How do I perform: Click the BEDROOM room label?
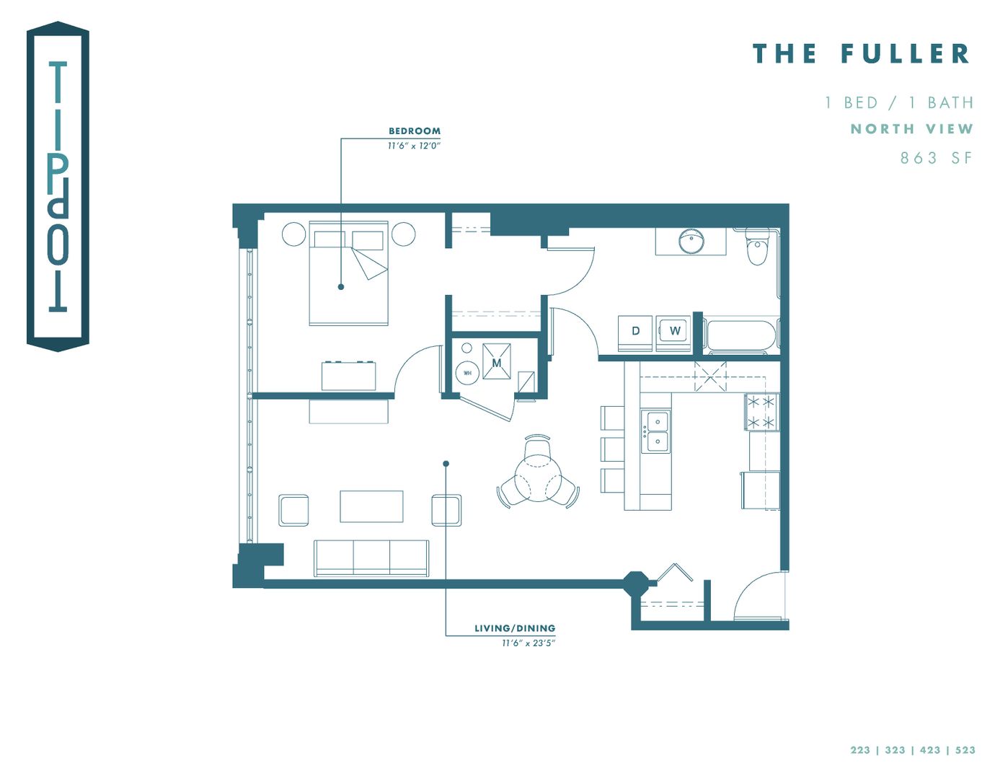(x=414, y=131)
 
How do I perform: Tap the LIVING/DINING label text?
(x=515, y=628)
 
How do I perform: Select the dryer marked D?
(x=635, y=332)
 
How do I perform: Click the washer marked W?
(x=674, y=332)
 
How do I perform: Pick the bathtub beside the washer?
(x=741, y=336)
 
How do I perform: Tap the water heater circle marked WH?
(x=467, y=373)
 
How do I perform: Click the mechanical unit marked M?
(x=497, y=362)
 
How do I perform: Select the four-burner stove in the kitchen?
(x=761, y=412)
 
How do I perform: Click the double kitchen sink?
(x=656, y=431)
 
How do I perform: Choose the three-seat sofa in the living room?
(x=371, y=558)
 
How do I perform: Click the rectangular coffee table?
(x=371, y=506)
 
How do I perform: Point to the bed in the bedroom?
(x=349, y=274)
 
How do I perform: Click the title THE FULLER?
(x=862, y=54)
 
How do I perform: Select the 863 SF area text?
(x=936, y=158)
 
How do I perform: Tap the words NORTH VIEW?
(x=911, y=129)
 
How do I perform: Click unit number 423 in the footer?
(x=930, y=750)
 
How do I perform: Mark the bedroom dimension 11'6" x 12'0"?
(x=414, y=146)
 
